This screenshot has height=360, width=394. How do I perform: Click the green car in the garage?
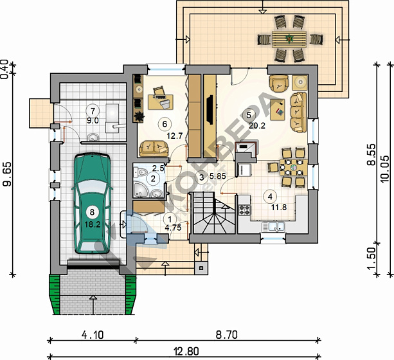92,204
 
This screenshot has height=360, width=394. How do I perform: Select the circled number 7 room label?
93,111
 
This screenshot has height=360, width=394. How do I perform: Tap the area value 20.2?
257,125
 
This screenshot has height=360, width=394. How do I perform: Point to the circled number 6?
165,124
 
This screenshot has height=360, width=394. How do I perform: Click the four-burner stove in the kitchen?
245,210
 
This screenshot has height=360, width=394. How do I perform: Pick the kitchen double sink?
273,227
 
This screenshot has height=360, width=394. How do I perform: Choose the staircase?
213,213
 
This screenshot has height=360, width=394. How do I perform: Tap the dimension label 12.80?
186,351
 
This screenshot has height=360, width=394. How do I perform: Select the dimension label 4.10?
93,335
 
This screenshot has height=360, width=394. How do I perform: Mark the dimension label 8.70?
227,335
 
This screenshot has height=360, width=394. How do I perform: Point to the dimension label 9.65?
7,174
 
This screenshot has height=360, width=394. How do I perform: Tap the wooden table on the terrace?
289,39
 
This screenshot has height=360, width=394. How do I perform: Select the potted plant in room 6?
138,116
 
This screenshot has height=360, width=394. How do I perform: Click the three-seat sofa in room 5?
298,112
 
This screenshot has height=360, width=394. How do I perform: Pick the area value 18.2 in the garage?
93,224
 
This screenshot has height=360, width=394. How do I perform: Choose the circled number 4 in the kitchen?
270,197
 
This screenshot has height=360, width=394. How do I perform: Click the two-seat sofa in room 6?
154,148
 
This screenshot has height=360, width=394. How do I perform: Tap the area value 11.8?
279,208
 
